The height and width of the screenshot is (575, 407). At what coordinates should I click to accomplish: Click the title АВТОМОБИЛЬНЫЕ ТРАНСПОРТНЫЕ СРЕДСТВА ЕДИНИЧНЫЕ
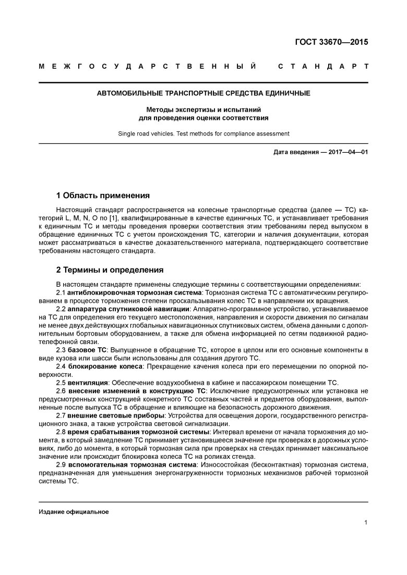tap(203, 94)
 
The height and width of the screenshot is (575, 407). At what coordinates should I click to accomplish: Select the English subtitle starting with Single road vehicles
tap(203, 133)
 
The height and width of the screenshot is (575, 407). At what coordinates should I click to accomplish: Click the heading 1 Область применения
tap(103, 195)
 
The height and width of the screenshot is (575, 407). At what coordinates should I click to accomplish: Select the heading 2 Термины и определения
tap(110, 270)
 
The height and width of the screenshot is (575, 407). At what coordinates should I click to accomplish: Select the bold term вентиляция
tap(88, 383)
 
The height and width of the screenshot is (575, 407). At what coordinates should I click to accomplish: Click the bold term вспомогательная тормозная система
tap(133, 464)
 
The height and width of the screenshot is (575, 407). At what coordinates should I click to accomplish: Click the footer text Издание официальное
tap(74, 511)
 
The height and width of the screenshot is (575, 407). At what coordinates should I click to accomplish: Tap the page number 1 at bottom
tap(366, 523)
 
